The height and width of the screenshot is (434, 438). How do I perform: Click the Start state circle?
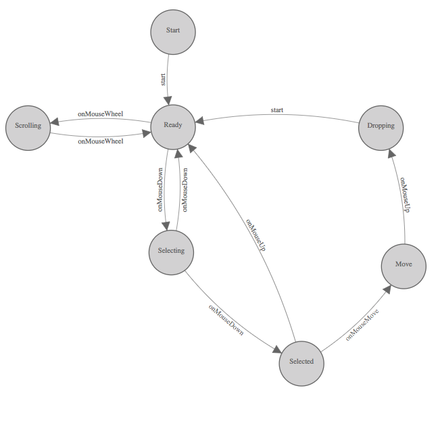[173, 30]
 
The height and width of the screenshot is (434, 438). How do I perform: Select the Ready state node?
[173, 125]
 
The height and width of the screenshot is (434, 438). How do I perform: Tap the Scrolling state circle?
[28, 126]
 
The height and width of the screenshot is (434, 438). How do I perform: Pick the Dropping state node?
[381, 126]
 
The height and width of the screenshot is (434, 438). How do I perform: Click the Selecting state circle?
[171, 251]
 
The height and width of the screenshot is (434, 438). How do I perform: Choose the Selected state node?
[301, 361]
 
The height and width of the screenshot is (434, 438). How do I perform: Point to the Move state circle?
[404, 264]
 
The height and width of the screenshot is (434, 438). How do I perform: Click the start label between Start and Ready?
[163, 79]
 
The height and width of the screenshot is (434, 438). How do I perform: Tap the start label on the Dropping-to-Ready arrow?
[276, 110]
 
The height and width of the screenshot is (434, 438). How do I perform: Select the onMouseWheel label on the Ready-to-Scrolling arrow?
[100, 114]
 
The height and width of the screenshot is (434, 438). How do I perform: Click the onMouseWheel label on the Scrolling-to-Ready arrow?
[100, 141]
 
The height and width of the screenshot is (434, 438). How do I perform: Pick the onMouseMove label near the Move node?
[362, 324]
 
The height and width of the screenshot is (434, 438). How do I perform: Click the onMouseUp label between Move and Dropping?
[404, 195]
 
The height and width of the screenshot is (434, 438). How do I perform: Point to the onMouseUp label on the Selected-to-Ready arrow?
[255, 236]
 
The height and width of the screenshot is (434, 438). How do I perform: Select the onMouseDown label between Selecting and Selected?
[226, 321]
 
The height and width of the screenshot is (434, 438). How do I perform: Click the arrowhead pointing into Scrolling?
[55, 122]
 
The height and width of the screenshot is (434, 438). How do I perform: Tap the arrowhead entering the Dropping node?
[392, 153]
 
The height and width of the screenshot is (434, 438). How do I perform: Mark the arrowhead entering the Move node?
[386, 289]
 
